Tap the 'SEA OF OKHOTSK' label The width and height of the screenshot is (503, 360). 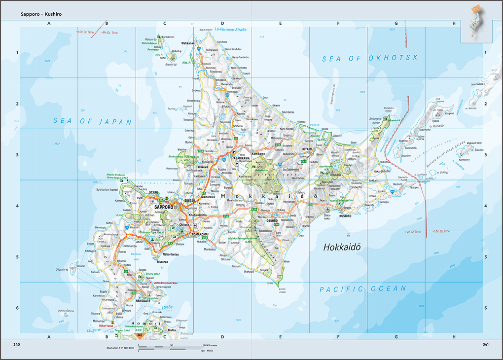pos(370,58)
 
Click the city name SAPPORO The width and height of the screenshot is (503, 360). pos(164,208)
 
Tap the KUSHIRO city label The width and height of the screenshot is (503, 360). pos(345,216)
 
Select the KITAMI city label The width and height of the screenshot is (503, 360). pos(307,149)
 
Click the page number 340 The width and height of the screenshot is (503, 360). pos(17,344)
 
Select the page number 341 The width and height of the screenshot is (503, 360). pos(485,344)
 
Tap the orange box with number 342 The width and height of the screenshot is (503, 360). pos(140,335)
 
